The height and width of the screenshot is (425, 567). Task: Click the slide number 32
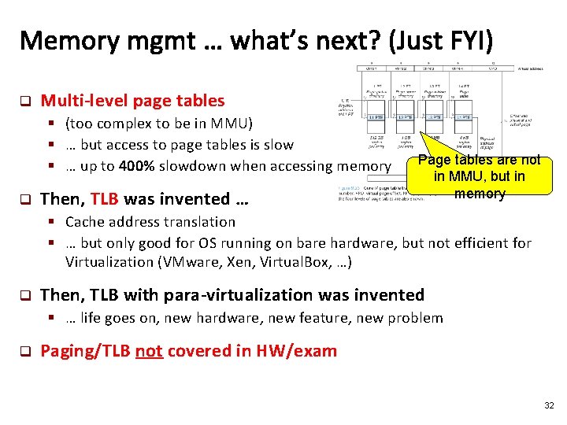pos(550,405)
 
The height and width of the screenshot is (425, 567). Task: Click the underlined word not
pos(149,350)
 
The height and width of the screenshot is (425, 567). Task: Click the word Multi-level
pos(84,101)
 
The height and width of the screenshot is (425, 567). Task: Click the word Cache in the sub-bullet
pos(86,222)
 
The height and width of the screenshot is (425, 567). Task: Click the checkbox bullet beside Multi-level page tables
pos(24,102)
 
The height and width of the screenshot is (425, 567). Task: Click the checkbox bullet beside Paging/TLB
pos(24,351)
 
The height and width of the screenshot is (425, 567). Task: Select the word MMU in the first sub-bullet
pos(226,124)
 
